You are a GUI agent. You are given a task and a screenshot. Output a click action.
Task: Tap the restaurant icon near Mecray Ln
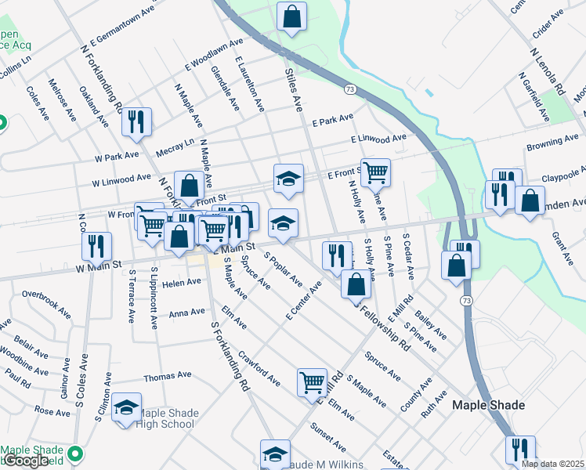[136, 121]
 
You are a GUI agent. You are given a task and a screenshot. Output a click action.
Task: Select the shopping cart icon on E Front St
[375, 171]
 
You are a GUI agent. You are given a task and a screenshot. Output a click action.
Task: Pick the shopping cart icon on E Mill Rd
[312, 382]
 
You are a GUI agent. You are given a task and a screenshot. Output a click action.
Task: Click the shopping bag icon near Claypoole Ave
[530, 201]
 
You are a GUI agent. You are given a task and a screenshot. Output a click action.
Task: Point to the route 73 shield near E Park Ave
[350, 90]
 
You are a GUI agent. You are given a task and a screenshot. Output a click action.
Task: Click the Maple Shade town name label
[490, 405]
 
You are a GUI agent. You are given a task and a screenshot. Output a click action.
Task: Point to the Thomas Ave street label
[168, 376]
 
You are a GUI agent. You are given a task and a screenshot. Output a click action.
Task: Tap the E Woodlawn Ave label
[214, 54]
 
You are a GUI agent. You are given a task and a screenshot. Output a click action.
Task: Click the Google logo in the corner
[26, 461]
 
